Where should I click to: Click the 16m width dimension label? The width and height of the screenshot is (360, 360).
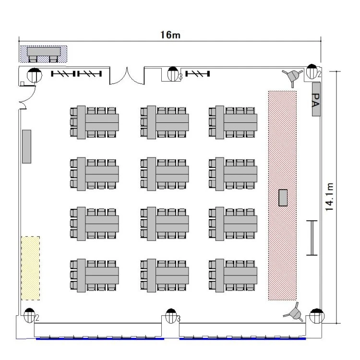click(170, 35)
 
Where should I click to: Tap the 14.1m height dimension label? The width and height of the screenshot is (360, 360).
click(329, 197)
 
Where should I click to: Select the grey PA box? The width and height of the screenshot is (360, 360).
click(316, 99)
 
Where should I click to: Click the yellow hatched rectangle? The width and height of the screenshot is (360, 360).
click(31, 268)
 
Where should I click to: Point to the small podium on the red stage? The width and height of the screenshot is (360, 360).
click(283, 198)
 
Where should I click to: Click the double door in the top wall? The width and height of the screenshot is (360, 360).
click(127, 76)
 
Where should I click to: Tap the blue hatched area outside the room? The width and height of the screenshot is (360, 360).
click(43, 54)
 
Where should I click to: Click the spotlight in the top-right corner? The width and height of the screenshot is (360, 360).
click(292, 76)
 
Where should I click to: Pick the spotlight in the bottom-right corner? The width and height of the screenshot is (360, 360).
click(294, 312)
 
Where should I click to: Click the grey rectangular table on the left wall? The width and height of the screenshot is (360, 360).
click(26, 146)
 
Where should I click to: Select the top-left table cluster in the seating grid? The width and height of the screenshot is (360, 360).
click(95, 122)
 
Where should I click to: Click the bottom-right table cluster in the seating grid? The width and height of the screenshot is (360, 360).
click(233, 276)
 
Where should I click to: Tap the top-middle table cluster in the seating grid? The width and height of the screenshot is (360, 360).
click(164, 122)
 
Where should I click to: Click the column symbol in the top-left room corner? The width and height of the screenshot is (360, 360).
click(35, 74)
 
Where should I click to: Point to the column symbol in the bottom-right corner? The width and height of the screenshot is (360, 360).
click(317, 316)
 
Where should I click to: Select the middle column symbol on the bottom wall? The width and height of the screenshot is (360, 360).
click(171, 316)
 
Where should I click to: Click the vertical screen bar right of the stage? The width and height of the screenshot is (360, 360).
click(312, 238)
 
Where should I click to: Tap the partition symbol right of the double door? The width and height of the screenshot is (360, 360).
click(197, 74)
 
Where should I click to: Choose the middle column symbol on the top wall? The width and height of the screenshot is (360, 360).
click(173, 74)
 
